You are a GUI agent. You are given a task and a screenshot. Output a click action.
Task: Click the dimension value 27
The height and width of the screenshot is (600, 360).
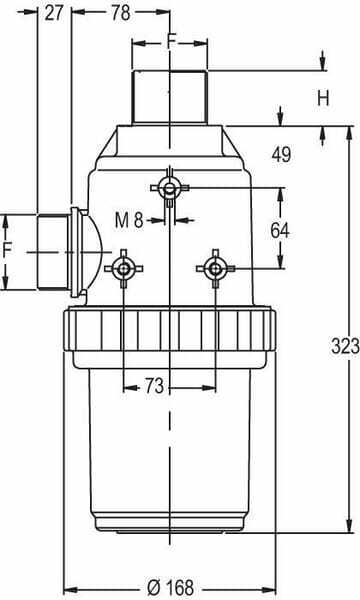[54, 13]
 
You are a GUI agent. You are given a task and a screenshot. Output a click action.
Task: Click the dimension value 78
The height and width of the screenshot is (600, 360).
[121, 13]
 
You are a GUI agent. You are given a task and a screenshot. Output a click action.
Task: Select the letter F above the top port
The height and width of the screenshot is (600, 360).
[172, 41]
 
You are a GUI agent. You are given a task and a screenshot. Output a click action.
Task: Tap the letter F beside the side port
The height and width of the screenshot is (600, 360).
[8, 251]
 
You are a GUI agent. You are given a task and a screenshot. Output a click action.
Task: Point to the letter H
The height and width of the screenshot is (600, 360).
[323, 98]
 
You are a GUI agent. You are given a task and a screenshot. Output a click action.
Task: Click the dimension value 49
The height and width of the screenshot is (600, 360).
[281, 154]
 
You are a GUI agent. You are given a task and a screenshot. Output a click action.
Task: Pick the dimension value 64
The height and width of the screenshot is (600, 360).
[280, 230]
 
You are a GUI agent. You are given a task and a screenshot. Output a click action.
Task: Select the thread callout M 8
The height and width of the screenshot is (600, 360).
[129, 220]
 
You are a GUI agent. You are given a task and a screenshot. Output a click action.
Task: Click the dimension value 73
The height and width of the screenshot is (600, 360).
[154, 386]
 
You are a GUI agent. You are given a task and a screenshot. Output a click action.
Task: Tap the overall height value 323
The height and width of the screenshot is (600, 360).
[345, 346]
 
